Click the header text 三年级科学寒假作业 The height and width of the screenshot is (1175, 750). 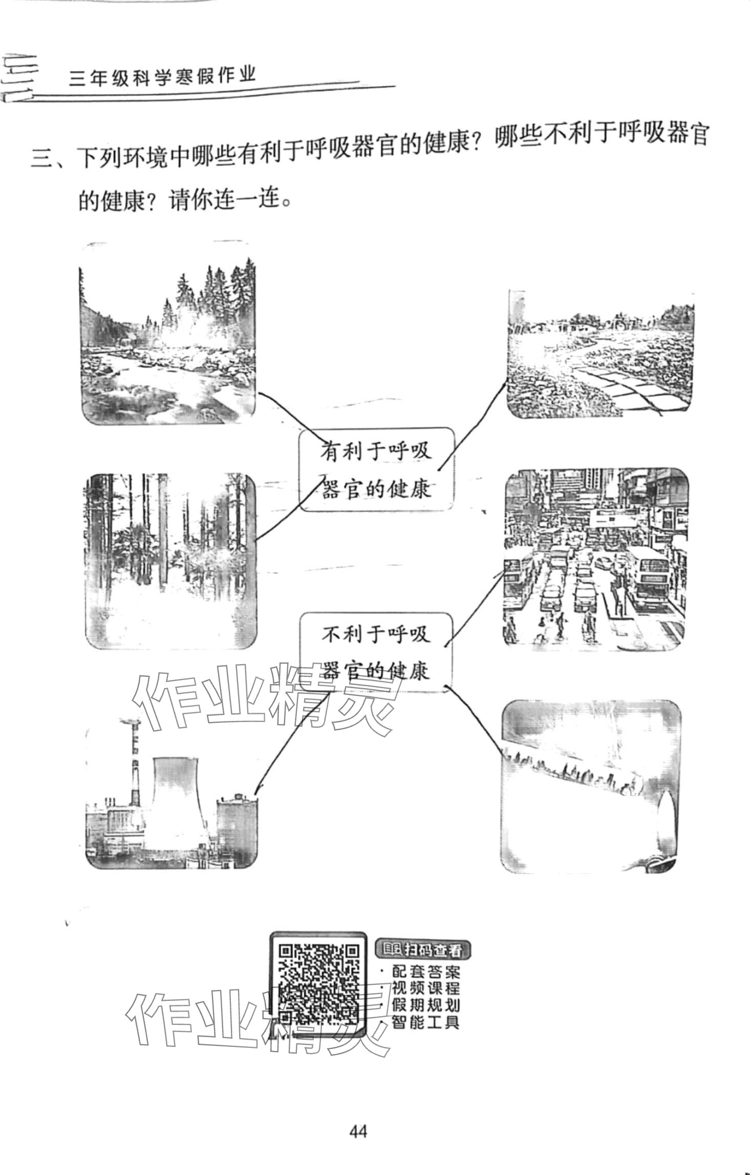pos(162,78)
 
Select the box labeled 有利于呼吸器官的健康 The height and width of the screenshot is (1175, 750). pos(376,469)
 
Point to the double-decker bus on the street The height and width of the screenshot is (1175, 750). pos(650,576)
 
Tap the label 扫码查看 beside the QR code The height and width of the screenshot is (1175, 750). pos(423,936)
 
